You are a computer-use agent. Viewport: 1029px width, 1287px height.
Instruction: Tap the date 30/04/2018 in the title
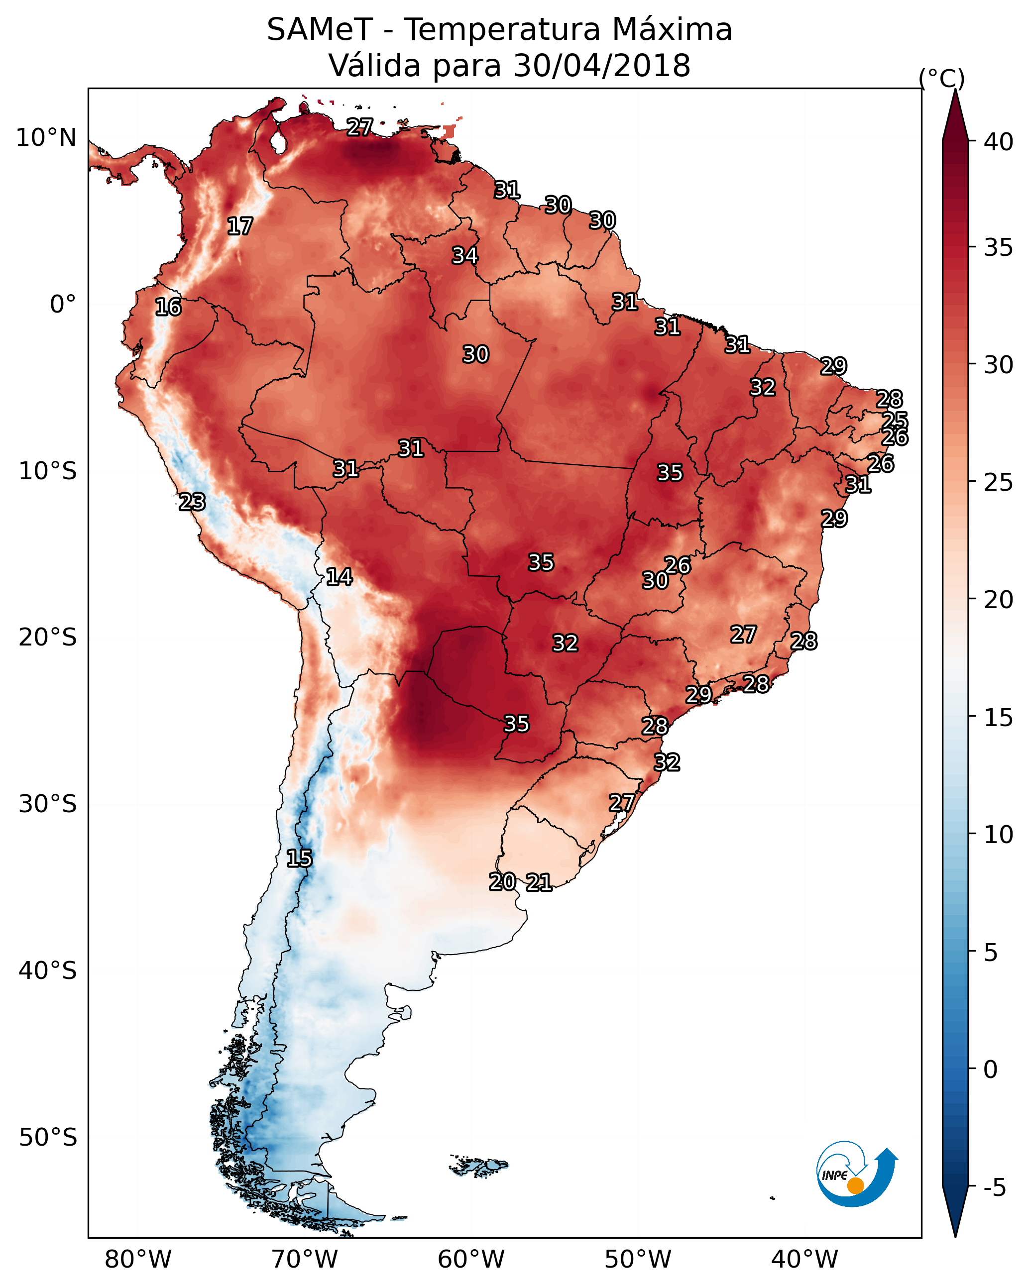(x=601, y=66)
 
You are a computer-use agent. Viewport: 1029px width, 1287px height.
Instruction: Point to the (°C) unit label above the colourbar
(x=941, y=78)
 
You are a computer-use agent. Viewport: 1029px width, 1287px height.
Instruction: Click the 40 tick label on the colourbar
(x=999, y=142)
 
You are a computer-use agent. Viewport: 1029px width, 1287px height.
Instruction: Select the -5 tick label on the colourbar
(x=994, y=1188)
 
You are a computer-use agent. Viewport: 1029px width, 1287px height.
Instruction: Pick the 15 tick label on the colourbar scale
(x=999, y=718)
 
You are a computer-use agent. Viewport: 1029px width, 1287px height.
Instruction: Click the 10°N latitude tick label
(x=46, y=138)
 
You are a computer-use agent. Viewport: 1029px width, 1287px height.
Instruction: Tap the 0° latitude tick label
(x=63, y=305)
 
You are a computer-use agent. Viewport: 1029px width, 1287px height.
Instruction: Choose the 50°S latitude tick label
(x=48, y=1138)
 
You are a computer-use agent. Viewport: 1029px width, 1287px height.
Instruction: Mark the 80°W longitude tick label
(x=138, y=1260)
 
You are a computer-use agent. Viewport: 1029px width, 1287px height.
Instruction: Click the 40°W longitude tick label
(x=804, y=1260)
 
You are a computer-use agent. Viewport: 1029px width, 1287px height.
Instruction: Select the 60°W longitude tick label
(x=471, y=1260)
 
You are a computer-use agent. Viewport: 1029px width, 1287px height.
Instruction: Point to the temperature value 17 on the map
(x=240, y=226)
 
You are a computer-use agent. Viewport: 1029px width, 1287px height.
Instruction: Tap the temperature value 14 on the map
(x=339, y=577)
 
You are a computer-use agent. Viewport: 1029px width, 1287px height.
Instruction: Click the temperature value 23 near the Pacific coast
(x=192, y=502)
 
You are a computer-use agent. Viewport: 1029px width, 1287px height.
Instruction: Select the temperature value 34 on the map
(x=464, y=255)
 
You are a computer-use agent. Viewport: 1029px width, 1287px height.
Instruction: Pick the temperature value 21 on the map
(x=539, y=882)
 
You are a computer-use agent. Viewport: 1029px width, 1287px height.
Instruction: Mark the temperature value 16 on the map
(x=168, y=308)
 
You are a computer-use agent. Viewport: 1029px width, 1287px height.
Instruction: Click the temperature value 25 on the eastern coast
(x=895, y=420)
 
